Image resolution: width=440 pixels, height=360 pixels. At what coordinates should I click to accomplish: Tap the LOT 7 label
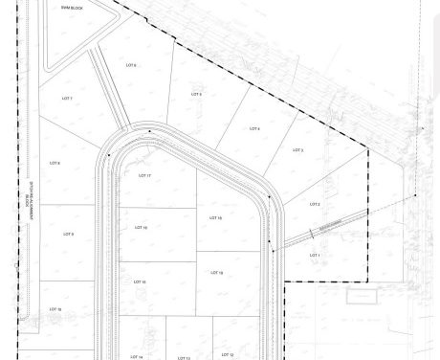(68, 99)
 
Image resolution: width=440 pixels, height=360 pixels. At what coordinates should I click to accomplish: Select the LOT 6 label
(130, 65)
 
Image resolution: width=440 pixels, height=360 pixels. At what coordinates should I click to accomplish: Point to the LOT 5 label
(196, 94)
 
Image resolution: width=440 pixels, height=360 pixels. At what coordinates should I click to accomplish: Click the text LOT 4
(254, 128)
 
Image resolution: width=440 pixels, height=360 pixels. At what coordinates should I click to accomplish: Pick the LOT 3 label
(297, 150)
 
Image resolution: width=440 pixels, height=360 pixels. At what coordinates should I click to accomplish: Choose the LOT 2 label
(315, 204)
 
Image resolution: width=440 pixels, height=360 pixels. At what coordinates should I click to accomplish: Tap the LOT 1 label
(314, 256)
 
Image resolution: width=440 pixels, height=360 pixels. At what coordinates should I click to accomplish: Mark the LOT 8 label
(54, 163)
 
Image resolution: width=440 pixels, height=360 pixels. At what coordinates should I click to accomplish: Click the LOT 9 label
(68, 234)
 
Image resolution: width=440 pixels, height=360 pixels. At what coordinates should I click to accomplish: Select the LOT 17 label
(145, 176)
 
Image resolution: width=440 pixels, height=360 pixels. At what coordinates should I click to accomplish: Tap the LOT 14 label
(136, 356)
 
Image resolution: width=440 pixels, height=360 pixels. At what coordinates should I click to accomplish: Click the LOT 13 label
(185, 357)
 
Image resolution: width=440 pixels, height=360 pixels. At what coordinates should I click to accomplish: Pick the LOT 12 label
(227, 355)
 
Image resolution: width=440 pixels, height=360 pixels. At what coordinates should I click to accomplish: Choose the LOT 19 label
(215, 273)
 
